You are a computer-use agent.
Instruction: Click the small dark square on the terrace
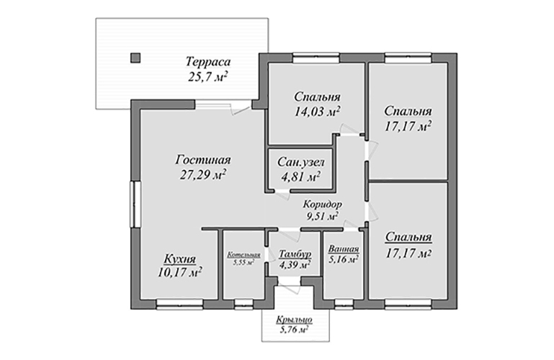point(135,58)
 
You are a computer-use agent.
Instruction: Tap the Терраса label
point(208,62)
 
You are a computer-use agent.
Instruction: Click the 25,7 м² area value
point(207,76)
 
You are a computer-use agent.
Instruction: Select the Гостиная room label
point(203,160)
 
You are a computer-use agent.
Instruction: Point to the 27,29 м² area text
point(203,175)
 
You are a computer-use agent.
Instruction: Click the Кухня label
point(180,259)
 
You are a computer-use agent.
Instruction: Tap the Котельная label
point(244,255)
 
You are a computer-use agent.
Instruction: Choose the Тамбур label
point(295,253)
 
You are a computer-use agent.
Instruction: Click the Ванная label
point(344,249)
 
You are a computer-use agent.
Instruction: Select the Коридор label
point(323,204)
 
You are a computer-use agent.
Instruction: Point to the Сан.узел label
point(300,162)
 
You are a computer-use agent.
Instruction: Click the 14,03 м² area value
point(317,112)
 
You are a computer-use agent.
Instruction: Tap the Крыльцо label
point(295,320)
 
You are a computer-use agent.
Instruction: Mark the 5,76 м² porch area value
point(294,330)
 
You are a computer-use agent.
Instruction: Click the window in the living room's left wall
point(135,204)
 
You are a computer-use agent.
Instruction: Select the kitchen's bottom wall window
point(180,304)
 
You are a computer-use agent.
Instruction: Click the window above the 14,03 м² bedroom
point(316,58)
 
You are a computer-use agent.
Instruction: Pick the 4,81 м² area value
point(300,177)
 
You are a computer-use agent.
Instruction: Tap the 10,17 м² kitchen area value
point(180,272)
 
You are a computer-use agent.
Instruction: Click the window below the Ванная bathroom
point(344,304)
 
